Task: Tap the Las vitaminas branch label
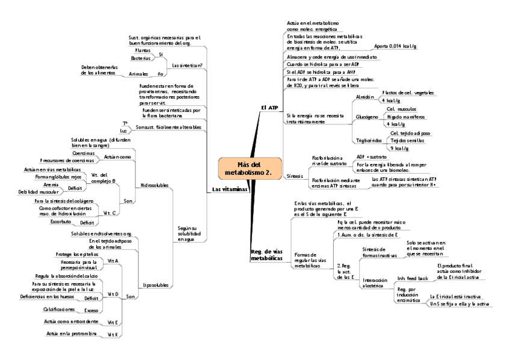pos(230,189)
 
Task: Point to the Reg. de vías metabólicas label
pos(266,254)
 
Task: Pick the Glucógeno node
pos(367,117)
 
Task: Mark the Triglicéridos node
pos(370,140)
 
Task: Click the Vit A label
pos(112,261)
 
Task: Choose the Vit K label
pos(112,334)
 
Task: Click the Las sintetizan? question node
pos(187,65)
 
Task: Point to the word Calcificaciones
pos(59,309)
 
